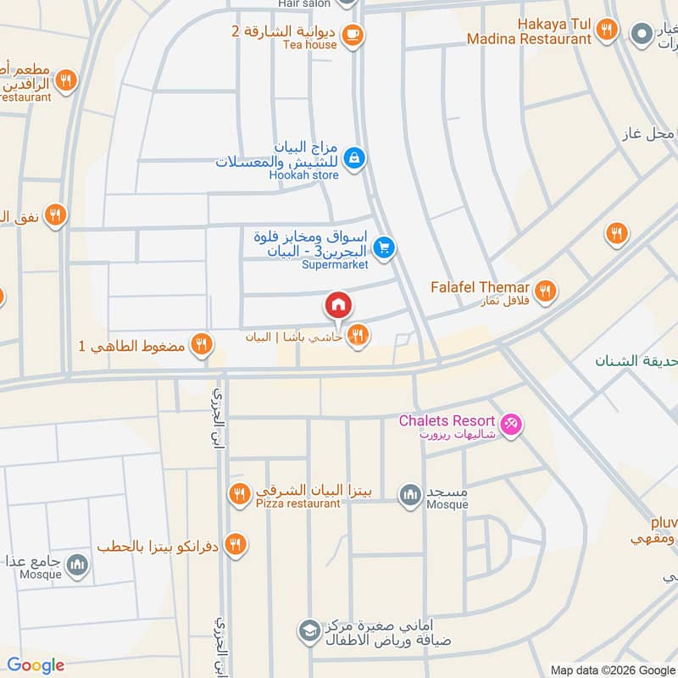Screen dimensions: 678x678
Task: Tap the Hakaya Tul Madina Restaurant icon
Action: click(x=605, y=30)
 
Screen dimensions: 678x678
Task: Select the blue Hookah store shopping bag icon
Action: click(x=355, y=157)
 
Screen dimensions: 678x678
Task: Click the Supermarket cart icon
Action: click(x=385, y=247)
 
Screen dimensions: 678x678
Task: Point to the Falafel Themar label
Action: click(x=480, y=287)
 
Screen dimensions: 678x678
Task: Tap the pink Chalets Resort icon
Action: click(x=510, y=423)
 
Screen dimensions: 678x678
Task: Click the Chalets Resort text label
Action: click(x=447, y=420)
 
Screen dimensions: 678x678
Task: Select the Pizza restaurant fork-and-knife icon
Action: click(x=240, y=492)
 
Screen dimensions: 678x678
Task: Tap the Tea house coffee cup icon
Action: click(x=353, y=35)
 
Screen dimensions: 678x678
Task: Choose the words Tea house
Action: click(x=309, y=45)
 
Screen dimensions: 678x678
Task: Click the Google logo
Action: click(x=36, y=665)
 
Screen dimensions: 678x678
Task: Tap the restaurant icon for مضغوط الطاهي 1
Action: click(x=201, y=344)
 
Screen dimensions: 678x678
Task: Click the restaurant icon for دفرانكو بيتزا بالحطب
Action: click(x=236, y=545)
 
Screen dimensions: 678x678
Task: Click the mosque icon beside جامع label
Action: click(x=77, y=564)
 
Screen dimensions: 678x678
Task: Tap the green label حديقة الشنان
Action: click(x=635, y=362)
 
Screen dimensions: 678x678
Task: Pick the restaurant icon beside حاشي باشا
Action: click(x=358, y=336)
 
